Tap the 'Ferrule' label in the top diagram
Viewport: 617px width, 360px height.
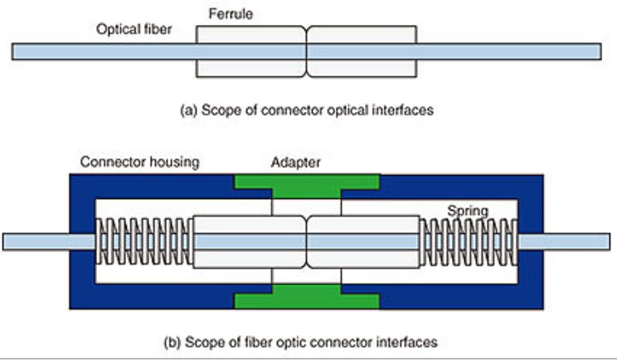230,13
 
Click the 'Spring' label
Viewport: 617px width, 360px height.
469,211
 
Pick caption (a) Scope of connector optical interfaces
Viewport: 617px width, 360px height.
306,109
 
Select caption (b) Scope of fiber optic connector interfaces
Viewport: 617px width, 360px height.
306,341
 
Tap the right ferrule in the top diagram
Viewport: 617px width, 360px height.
362,51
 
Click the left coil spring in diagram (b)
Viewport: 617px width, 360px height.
143,241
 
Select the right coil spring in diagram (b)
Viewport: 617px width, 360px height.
469,241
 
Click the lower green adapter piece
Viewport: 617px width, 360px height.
308,296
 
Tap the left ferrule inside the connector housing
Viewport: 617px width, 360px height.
249,241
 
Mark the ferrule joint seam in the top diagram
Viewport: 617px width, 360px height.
307,51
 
